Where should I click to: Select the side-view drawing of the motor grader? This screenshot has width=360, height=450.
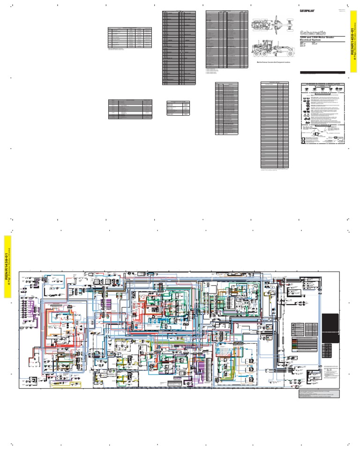(271, 48)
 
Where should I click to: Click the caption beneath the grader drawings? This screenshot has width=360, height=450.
(270, 62)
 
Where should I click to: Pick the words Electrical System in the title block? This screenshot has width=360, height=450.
(310, 40)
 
